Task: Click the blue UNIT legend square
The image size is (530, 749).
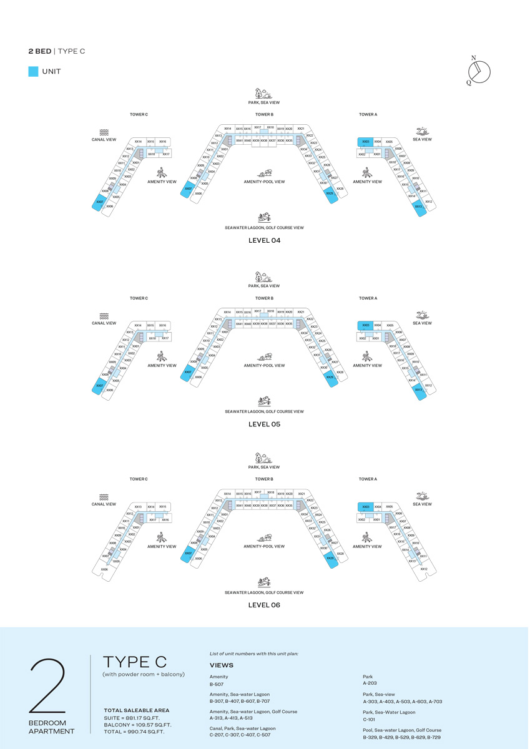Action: [x=34, y=72]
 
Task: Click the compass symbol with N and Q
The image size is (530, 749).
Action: [x=479, y=72]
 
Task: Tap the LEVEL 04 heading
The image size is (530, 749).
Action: [x=264, y=240]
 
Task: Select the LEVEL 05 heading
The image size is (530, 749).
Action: [x=264, y=424]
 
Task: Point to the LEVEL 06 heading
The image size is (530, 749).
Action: [x=264, y=605]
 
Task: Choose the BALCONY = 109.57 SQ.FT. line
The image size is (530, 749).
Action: [x=137, y=725]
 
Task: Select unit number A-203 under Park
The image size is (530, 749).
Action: [x=370, y=684]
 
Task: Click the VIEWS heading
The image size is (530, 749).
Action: [x=222, y=665]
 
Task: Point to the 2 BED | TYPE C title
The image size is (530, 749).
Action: [x=56, y=51]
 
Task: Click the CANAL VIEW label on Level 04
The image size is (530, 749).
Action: [x=104, y=140]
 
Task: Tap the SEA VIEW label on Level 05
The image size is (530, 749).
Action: [x=422, y=323]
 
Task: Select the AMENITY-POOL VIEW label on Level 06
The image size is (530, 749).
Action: [x=264, y=546]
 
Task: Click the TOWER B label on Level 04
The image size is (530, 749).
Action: [x=264, y=115]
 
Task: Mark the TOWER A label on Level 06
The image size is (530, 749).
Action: [x=368, y=479]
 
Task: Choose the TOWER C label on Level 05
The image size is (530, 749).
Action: [x=139, y=298]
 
